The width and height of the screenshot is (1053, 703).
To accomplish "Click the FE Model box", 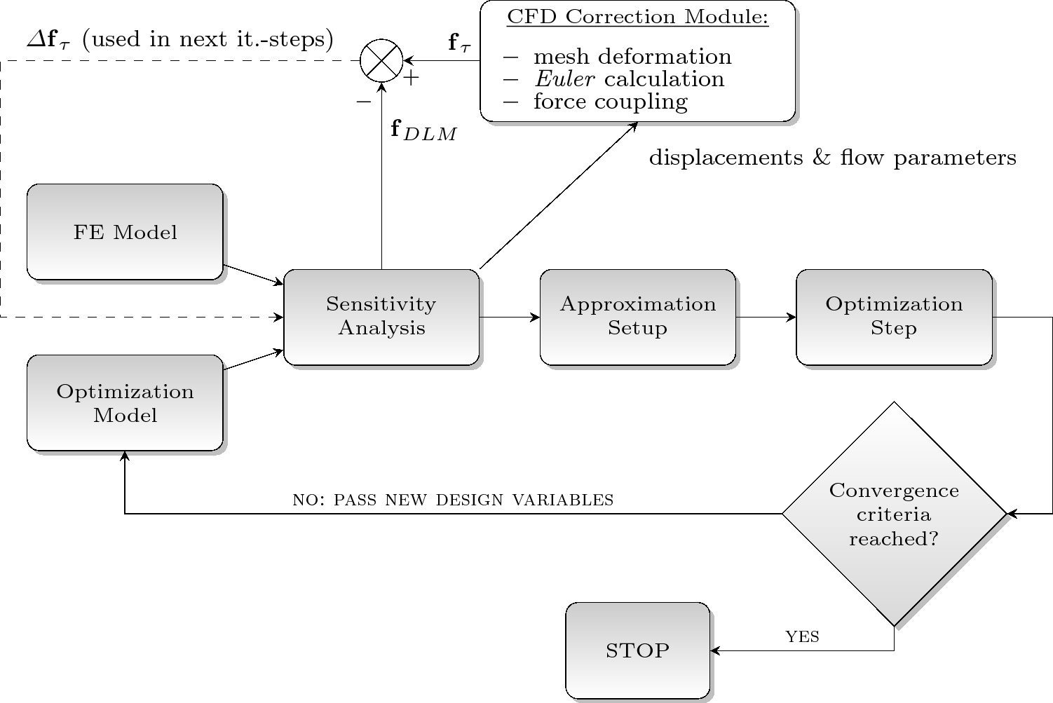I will click(x=125, y=232).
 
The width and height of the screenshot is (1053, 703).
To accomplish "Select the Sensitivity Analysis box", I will click(x=381, y=317).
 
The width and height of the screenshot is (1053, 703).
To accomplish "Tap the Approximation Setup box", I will click(x=637, y=317).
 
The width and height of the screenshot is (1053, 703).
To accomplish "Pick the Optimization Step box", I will click(x=894, y=317).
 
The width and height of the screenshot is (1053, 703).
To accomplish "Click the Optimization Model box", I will click(x=125, y=403).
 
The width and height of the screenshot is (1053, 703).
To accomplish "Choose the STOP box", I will click(x=637, y=650).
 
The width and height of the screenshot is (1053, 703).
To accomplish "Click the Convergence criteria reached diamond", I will click(x=894, y=514).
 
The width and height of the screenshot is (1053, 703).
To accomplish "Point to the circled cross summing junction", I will click(x=381, y=61).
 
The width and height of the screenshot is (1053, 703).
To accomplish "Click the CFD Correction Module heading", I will click(x=637, y=18).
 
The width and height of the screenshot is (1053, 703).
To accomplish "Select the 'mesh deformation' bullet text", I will click(x=632, y=57).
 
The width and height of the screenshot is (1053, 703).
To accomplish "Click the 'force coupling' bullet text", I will click(x=610, y=102).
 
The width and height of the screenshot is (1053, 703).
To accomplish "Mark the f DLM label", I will click(x=423, y=130).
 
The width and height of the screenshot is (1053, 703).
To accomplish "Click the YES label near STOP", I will click(x=802, y=636).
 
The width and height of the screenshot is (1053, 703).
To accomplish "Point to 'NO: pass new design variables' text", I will click(x=452, y=500).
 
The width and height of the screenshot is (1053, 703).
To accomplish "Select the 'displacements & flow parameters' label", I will click(x=832, y=158).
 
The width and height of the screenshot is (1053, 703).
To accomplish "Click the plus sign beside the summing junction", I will click(x=411, y=78).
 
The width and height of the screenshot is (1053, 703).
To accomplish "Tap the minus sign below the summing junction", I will click(x=363, y=102).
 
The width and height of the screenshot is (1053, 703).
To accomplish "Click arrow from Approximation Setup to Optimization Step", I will click(x=766, y=318).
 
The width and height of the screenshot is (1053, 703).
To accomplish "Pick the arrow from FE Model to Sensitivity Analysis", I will click(x=253, y=275).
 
